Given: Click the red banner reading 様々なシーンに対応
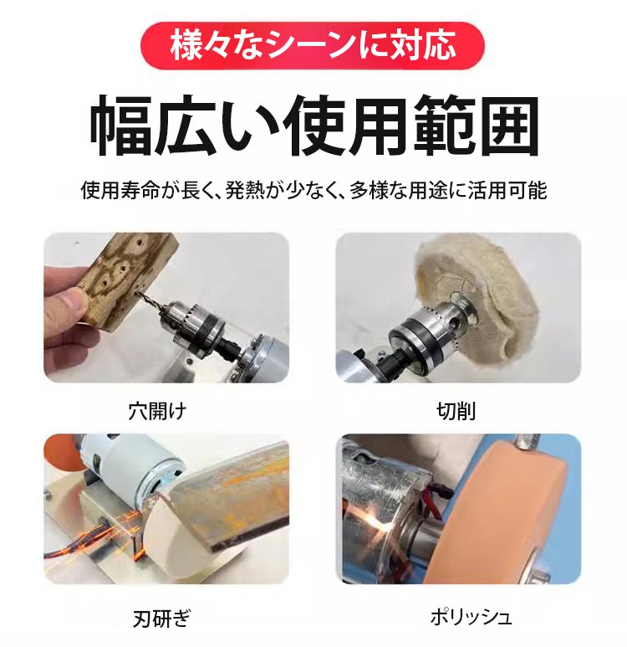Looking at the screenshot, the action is point(313,46).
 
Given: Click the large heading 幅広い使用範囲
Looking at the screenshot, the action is point(314,126).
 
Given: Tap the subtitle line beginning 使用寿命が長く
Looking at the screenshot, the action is point(314,191).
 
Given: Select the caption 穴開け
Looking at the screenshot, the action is point(158,411).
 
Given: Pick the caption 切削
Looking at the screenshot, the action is point(456,411).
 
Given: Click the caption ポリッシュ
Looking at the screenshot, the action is point(471,618).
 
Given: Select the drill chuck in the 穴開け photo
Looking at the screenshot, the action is point(194,323).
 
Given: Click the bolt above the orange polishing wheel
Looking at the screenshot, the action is point(527,442).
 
